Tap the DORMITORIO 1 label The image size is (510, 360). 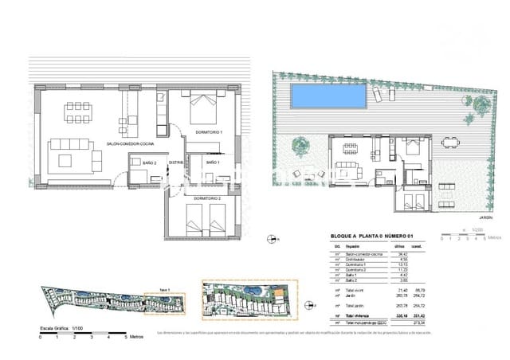210,131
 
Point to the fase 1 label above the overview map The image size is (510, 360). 165,289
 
